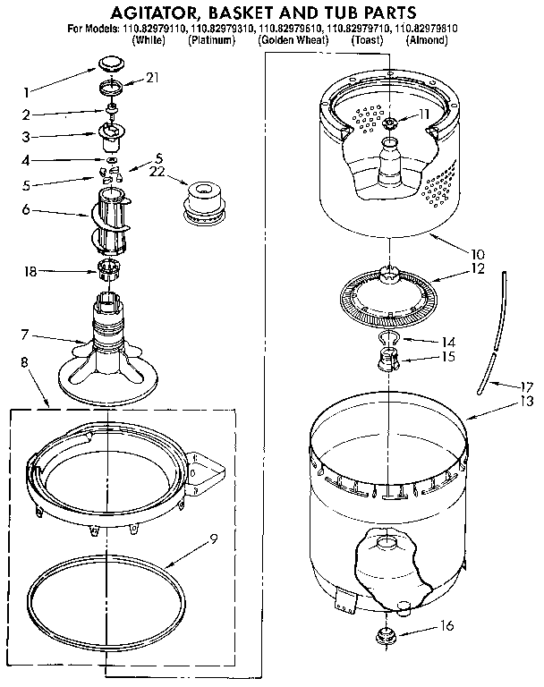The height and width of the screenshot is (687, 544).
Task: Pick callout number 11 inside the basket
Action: (423, 114)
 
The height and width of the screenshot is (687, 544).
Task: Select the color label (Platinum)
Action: (211, 41)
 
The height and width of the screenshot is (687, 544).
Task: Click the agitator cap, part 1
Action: (111, 63)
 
